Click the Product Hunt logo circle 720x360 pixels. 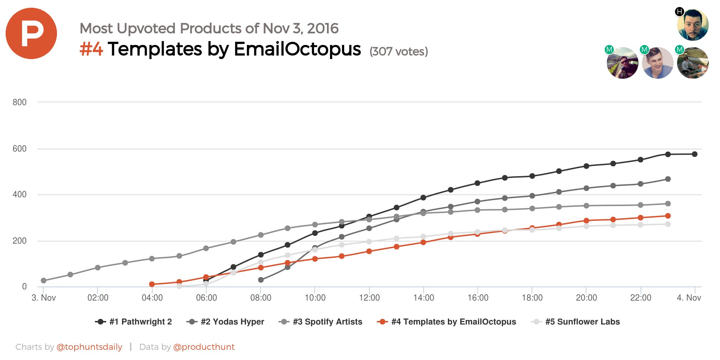[31, 33]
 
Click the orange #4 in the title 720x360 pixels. [91, 49]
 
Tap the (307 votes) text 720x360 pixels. [399, 52]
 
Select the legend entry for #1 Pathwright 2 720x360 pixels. [134, 322]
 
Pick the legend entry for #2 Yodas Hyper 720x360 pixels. [225, 322]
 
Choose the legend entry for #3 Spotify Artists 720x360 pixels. [320, 322]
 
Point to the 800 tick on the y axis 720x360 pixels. [19, 102]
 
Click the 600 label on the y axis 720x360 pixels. [19, 149]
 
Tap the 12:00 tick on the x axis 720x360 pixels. [369, 298]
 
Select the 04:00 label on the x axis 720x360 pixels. [152, 298]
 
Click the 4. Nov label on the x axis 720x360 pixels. [689, 298]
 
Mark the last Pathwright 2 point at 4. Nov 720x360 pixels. [695, 154]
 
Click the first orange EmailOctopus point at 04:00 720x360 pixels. [152, 284]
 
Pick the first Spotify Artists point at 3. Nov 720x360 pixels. [44, 281]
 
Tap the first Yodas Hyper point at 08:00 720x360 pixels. [261, 280]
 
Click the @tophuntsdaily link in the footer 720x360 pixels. [89, 347]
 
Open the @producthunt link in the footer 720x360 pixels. [204, 347]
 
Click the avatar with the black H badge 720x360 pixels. [693, 25]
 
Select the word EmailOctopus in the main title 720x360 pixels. [297, 49]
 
